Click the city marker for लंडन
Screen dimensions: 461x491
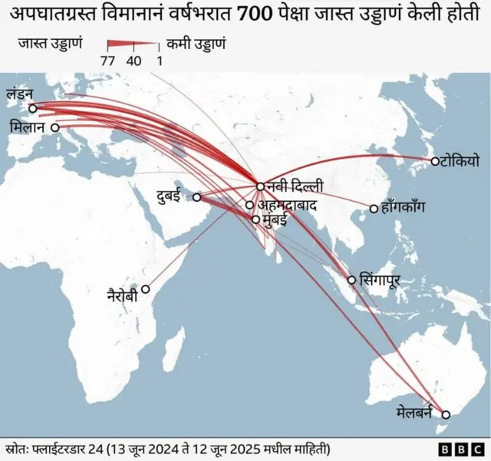click(x=32, y=108)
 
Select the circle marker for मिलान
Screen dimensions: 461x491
click(x=54, y=128)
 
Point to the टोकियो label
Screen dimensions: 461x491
click(x=460, y=161)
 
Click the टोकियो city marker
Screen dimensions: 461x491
click(x=434, y=161)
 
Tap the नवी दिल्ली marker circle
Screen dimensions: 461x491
click(x=260, y=186)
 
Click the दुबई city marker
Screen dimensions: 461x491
click(x=196, y=197)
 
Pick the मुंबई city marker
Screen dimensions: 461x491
click(x=256, y=219)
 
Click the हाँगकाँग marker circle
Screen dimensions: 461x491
click(x=374, y=209)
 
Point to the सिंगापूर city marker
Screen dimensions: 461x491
click(x=352, y=279)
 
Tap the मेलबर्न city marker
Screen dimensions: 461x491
click(x=446, y=415)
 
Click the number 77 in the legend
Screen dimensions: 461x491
click(x=109, y=61)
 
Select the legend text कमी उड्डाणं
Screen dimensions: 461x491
click(x=196, y=44)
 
